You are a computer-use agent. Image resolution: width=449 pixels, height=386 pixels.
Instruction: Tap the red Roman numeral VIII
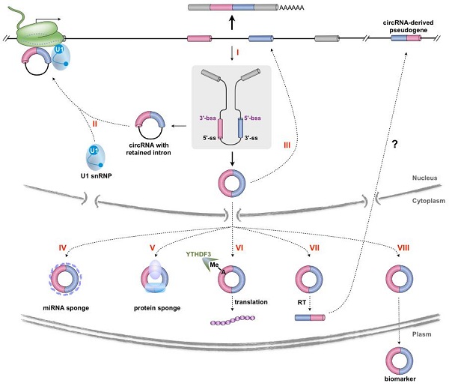point(397,246)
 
